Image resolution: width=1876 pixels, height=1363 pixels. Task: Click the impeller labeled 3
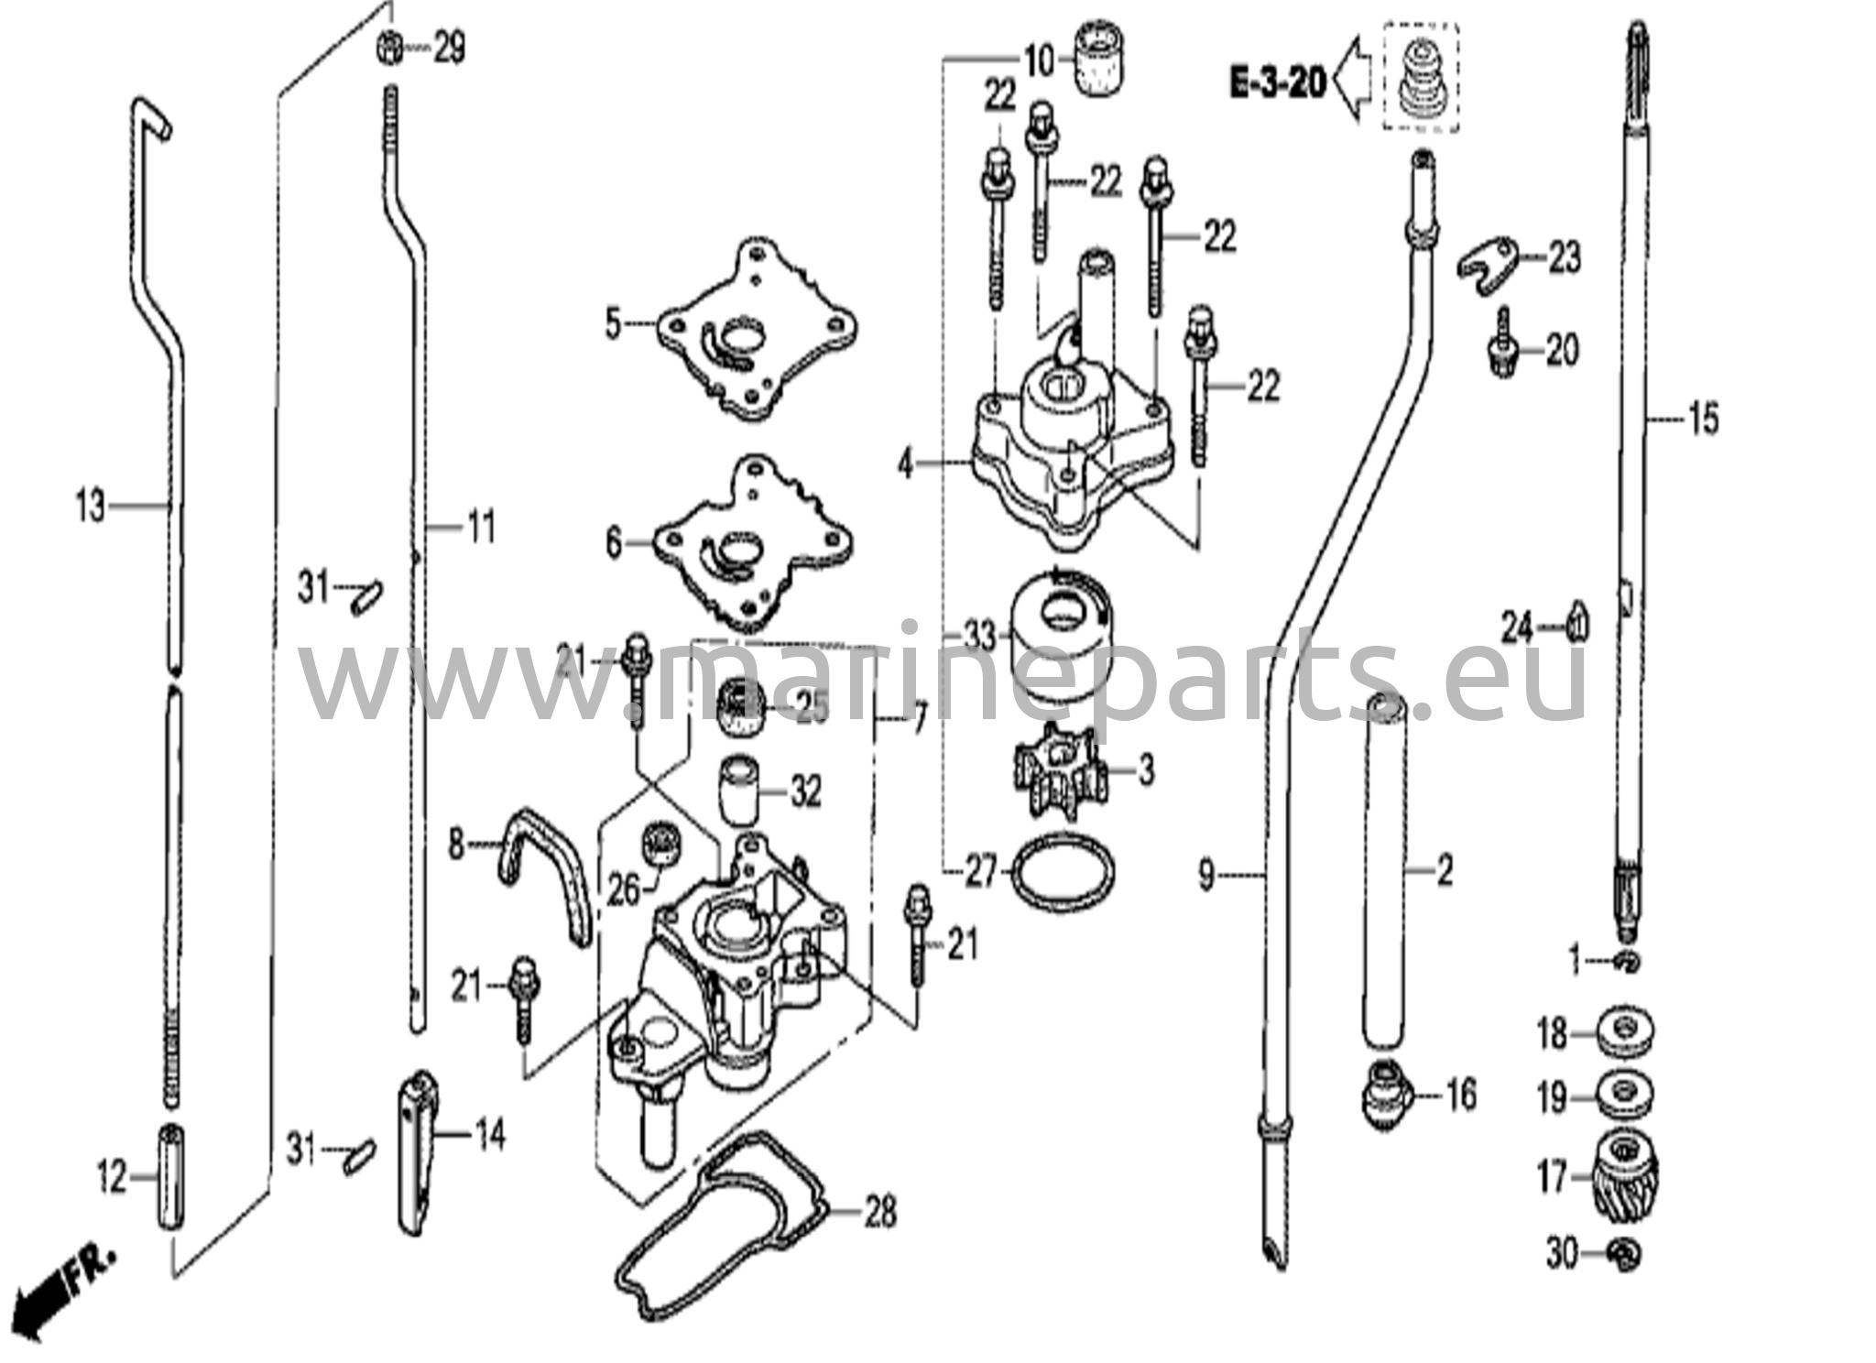[1060, 769]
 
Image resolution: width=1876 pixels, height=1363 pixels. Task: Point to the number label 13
[91, 505]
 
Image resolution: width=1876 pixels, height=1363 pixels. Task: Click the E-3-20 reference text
[1277, 83]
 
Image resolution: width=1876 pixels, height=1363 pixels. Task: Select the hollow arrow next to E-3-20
[1357, 81]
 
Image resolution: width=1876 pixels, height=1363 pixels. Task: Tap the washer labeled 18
[1626, 1032]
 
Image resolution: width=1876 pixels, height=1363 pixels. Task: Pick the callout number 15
[1703, 420]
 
